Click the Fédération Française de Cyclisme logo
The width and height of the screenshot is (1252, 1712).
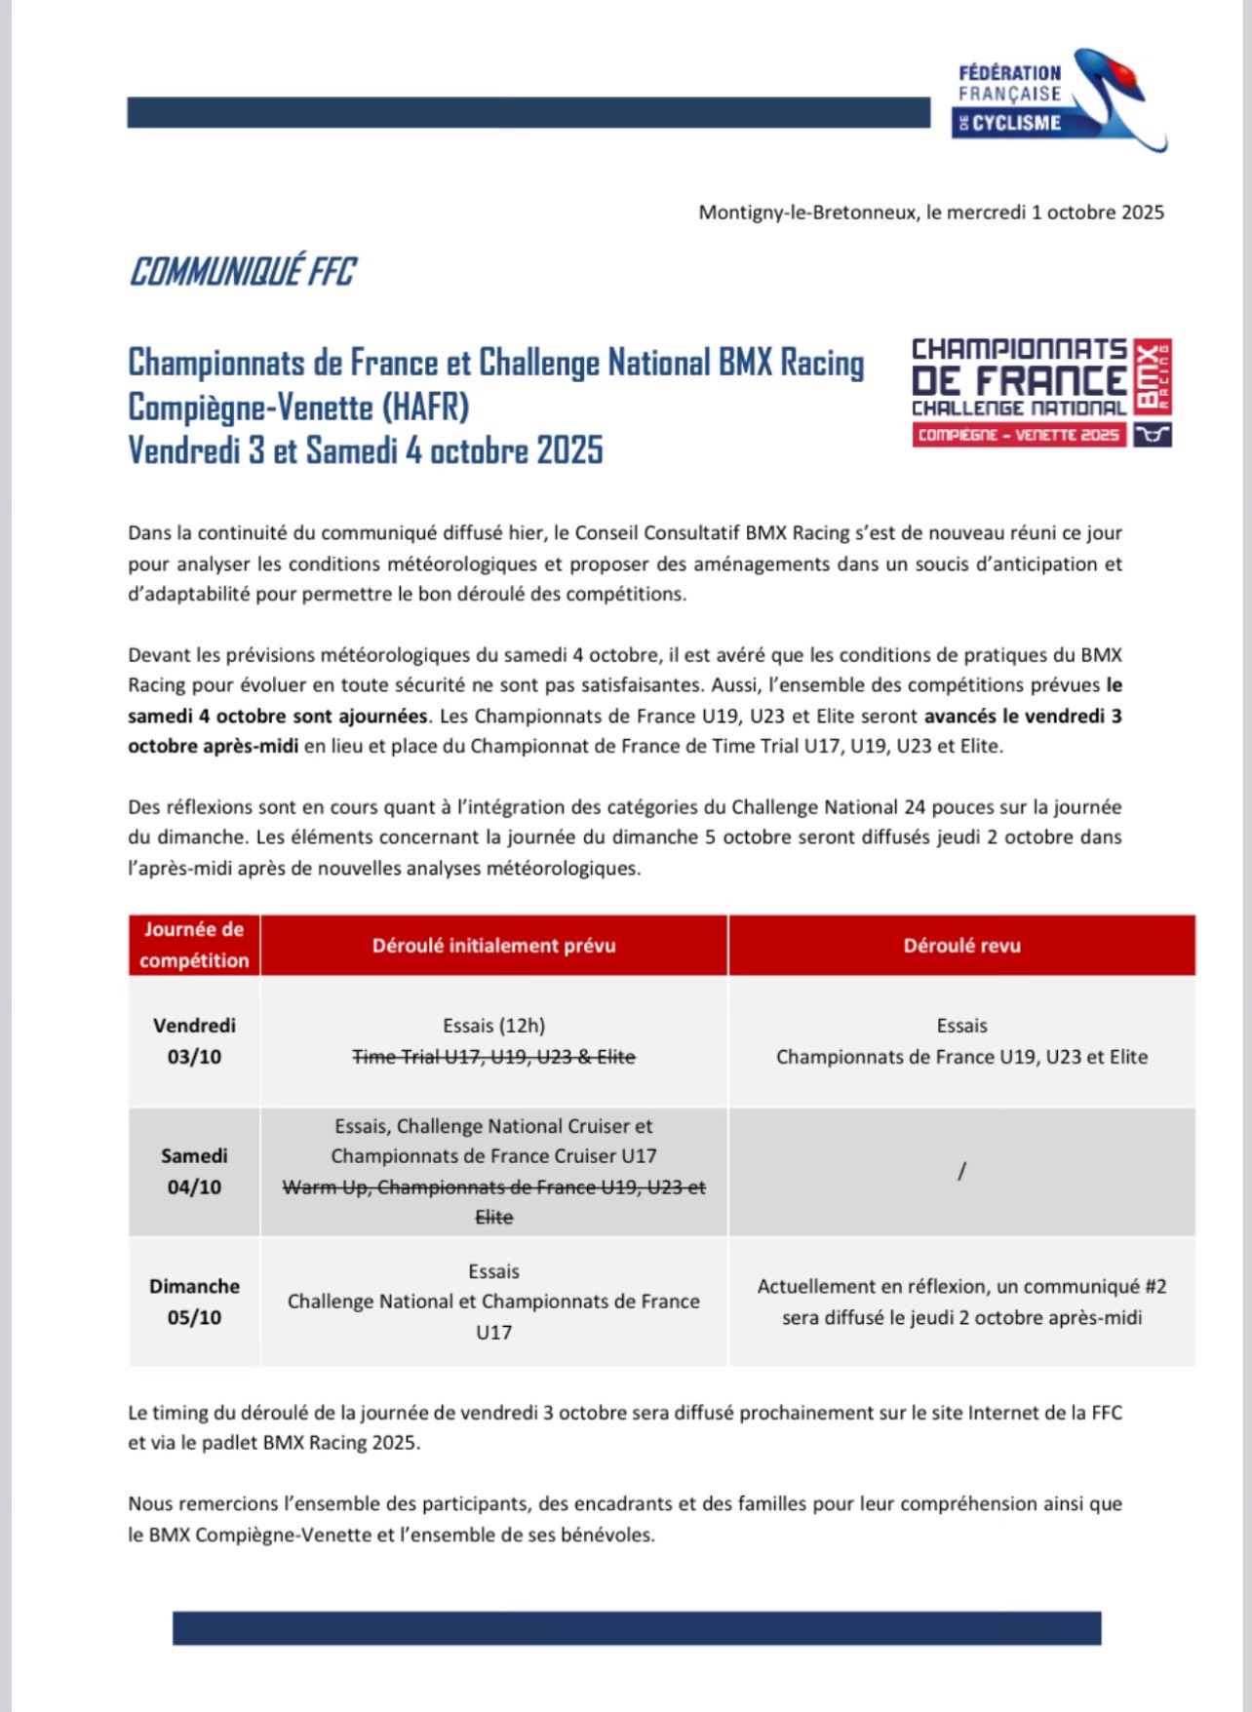pyautogui.click(x=1058, y=99)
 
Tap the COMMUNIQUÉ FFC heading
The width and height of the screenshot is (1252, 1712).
pyautogui.click(x=243, y=272)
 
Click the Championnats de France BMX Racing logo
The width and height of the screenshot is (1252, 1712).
pyautogui.click(x=1040, y=392)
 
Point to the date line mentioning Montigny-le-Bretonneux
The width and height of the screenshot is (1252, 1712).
pyautogui.click(x=930, y=213)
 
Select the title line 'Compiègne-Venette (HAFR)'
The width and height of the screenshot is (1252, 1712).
pyautogui.click(x=298, y=407)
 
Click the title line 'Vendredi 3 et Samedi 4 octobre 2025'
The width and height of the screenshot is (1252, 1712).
pyautogui.click(x=366, y=450)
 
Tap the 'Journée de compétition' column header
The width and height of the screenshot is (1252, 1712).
pyautogui.click(x=194, y=945)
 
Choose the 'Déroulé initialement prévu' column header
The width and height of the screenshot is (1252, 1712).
pyautogui.click(x=493, y=946)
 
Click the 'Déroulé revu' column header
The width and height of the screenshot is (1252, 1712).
pyautogui.click(x=961, y=946)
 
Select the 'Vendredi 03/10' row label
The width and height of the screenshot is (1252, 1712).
pyautogui.click(x=194, y=1040)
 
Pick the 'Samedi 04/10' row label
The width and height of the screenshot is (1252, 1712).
pyautogui.click(x=194, y=1171)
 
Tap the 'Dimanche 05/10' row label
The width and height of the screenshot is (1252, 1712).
pyautogui.click(x=194, y=1302)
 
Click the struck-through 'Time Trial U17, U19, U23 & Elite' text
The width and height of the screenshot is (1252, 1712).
pyautogui.click(x=493, y=1057)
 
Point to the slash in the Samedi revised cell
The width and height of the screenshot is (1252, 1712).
pyautogui.click(x=961, y=1171)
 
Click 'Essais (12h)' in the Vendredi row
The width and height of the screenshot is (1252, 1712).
pyautogui.click(x=493, y=1026)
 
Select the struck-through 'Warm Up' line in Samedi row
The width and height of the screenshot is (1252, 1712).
pyautogui.click(x=493, y=1187)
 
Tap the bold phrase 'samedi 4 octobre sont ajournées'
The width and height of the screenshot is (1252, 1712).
pyautogui.click(x=278, y=717)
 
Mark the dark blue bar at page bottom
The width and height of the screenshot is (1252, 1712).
pyautogui.click(x=637, y=1628)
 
